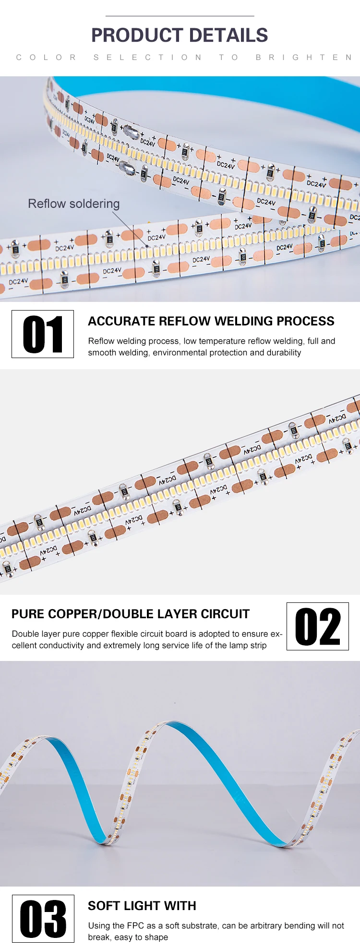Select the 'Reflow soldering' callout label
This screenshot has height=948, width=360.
pyautogui.click(x=74, y=204)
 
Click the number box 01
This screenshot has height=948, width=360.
pyautogui.click(x=43, y=334)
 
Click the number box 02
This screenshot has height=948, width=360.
pyautogui.click(x=318, y=626)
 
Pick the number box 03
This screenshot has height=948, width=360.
pyautogui.click(x=43, y=919)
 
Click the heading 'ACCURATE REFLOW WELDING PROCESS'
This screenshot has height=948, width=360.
pyautogui.click(x=211, y=321)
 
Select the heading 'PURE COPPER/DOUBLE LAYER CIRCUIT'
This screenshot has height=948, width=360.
pyautogui.click(x=131, y=614)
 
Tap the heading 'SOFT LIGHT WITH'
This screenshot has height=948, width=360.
pyautogui.click(x=142, y=906)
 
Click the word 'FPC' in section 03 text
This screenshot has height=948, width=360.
pyautogui.click(x=135, y=925)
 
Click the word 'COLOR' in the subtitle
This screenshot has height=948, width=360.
pyautogui.click(x=46, y=57)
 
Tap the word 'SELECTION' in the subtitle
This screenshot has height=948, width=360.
pyautogui.click(x=147, y=57)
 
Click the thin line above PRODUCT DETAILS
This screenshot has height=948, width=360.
pyautogui.click(x=180, y=16)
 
